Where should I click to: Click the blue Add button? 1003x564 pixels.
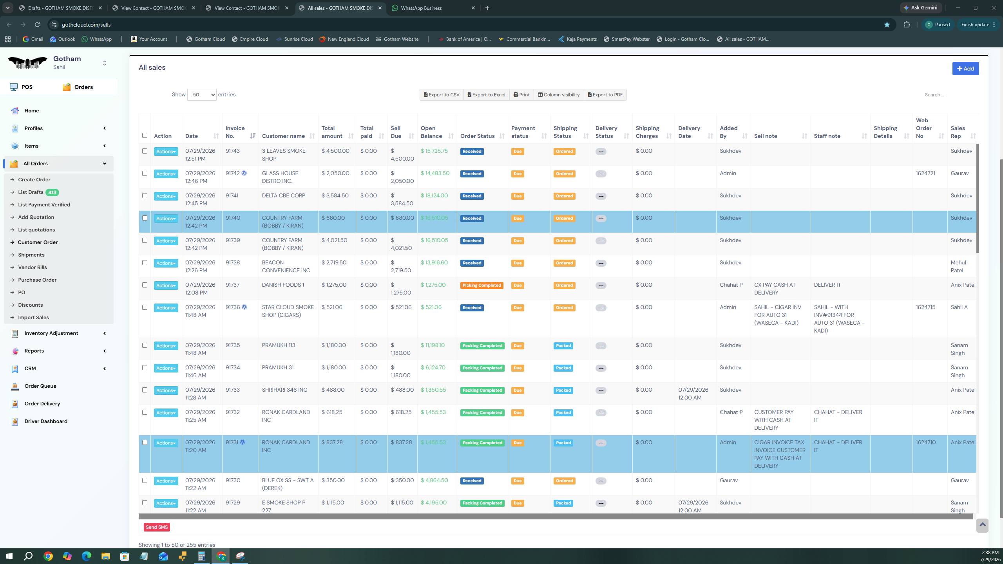(965, 69)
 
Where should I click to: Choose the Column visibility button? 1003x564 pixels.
(559, 95)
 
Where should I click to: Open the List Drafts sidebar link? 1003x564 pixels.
(31, 192)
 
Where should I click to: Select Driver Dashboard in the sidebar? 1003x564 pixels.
(46, 421)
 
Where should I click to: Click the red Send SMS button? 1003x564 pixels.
(157, 527)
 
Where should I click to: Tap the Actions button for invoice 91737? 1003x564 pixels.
(166, 286)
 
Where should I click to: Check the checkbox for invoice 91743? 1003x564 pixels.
(145, 151)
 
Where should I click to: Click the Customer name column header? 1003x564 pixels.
(283, 136)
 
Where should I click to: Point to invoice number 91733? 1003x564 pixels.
(233, 390)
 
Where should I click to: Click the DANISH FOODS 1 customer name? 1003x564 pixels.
(283, 285)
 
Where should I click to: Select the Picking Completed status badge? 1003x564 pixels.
(482, 286)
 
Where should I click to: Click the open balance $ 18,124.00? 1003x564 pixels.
(434, 196)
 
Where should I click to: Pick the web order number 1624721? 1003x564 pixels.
(925, 174)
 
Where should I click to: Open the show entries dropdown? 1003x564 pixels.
(202, 95)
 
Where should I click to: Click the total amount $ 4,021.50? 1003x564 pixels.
(334, 240)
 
